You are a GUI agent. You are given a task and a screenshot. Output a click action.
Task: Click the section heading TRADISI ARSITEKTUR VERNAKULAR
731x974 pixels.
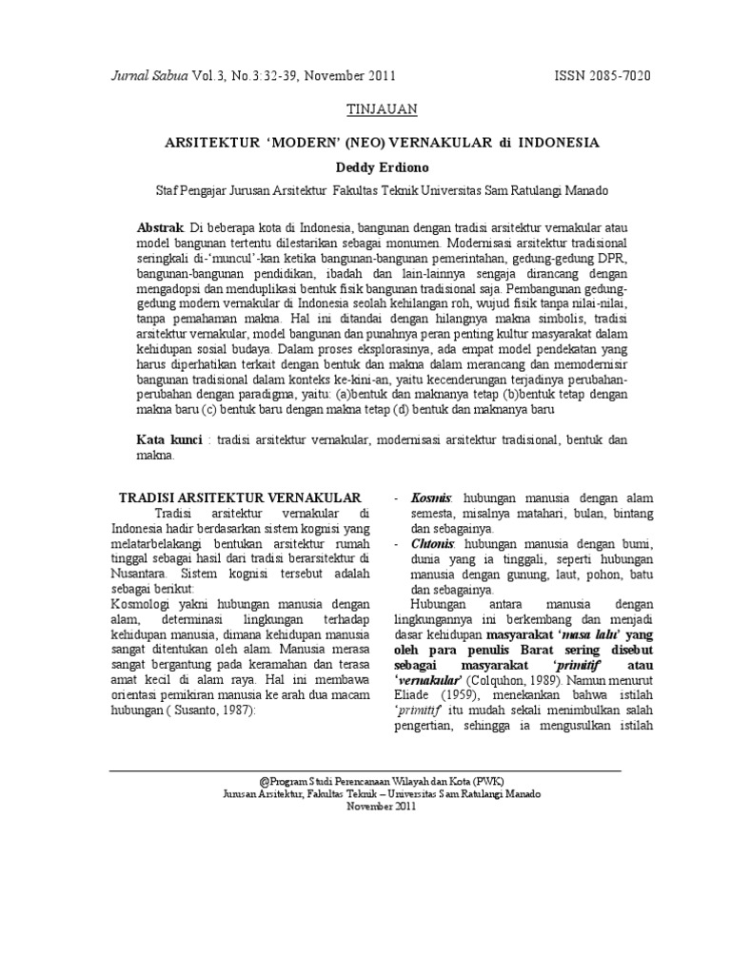click(x=239, y=497)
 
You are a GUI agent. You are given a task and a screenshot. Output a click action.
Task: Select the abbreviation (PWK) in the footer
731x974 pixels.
click(x=486, y=779)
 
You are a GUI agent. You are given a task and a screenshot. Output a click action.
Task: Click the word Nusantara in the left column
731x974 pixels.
click(x=138, y=575)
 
